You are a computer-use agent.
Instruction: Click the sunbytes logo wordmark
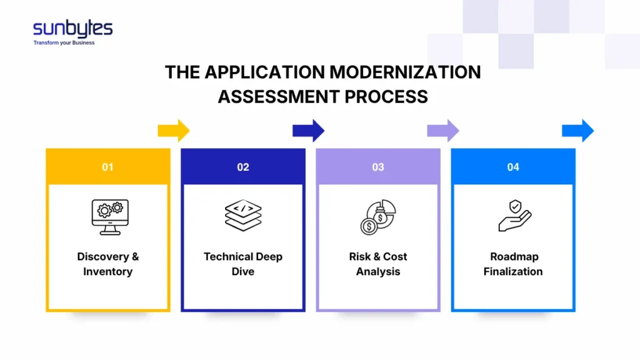click(72, 29)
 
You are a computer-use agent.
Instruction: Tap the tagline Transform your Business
click(64, 43)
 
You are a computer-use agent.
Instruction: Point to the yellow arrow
click(173, 131)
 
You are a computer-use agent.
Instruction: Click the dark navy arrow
click(309, 131)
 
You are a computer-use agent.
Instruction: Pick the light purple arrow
click(443, 131)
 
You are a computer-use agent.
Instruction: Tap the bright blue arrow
click(577, 131)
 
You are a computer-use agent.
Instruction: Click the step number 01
click(108, 167)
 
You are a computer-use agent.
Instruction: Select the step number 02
click(243, 167)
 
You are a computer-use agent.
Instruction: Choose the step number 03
click(378, 167)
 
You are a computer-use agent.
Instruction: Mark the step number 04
click(513, 167)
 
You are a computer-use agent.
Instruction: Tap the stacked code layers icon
click(243, 216)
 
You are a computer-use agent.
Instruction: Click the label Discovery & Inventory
click(108, 264)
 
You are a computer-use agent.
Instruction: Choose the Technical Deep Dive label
click(243, 264)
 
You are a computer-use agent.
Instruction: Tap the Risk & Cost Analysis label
click(378, 264)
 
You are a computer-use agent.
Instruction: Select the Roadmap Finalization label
click(513, 264)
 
